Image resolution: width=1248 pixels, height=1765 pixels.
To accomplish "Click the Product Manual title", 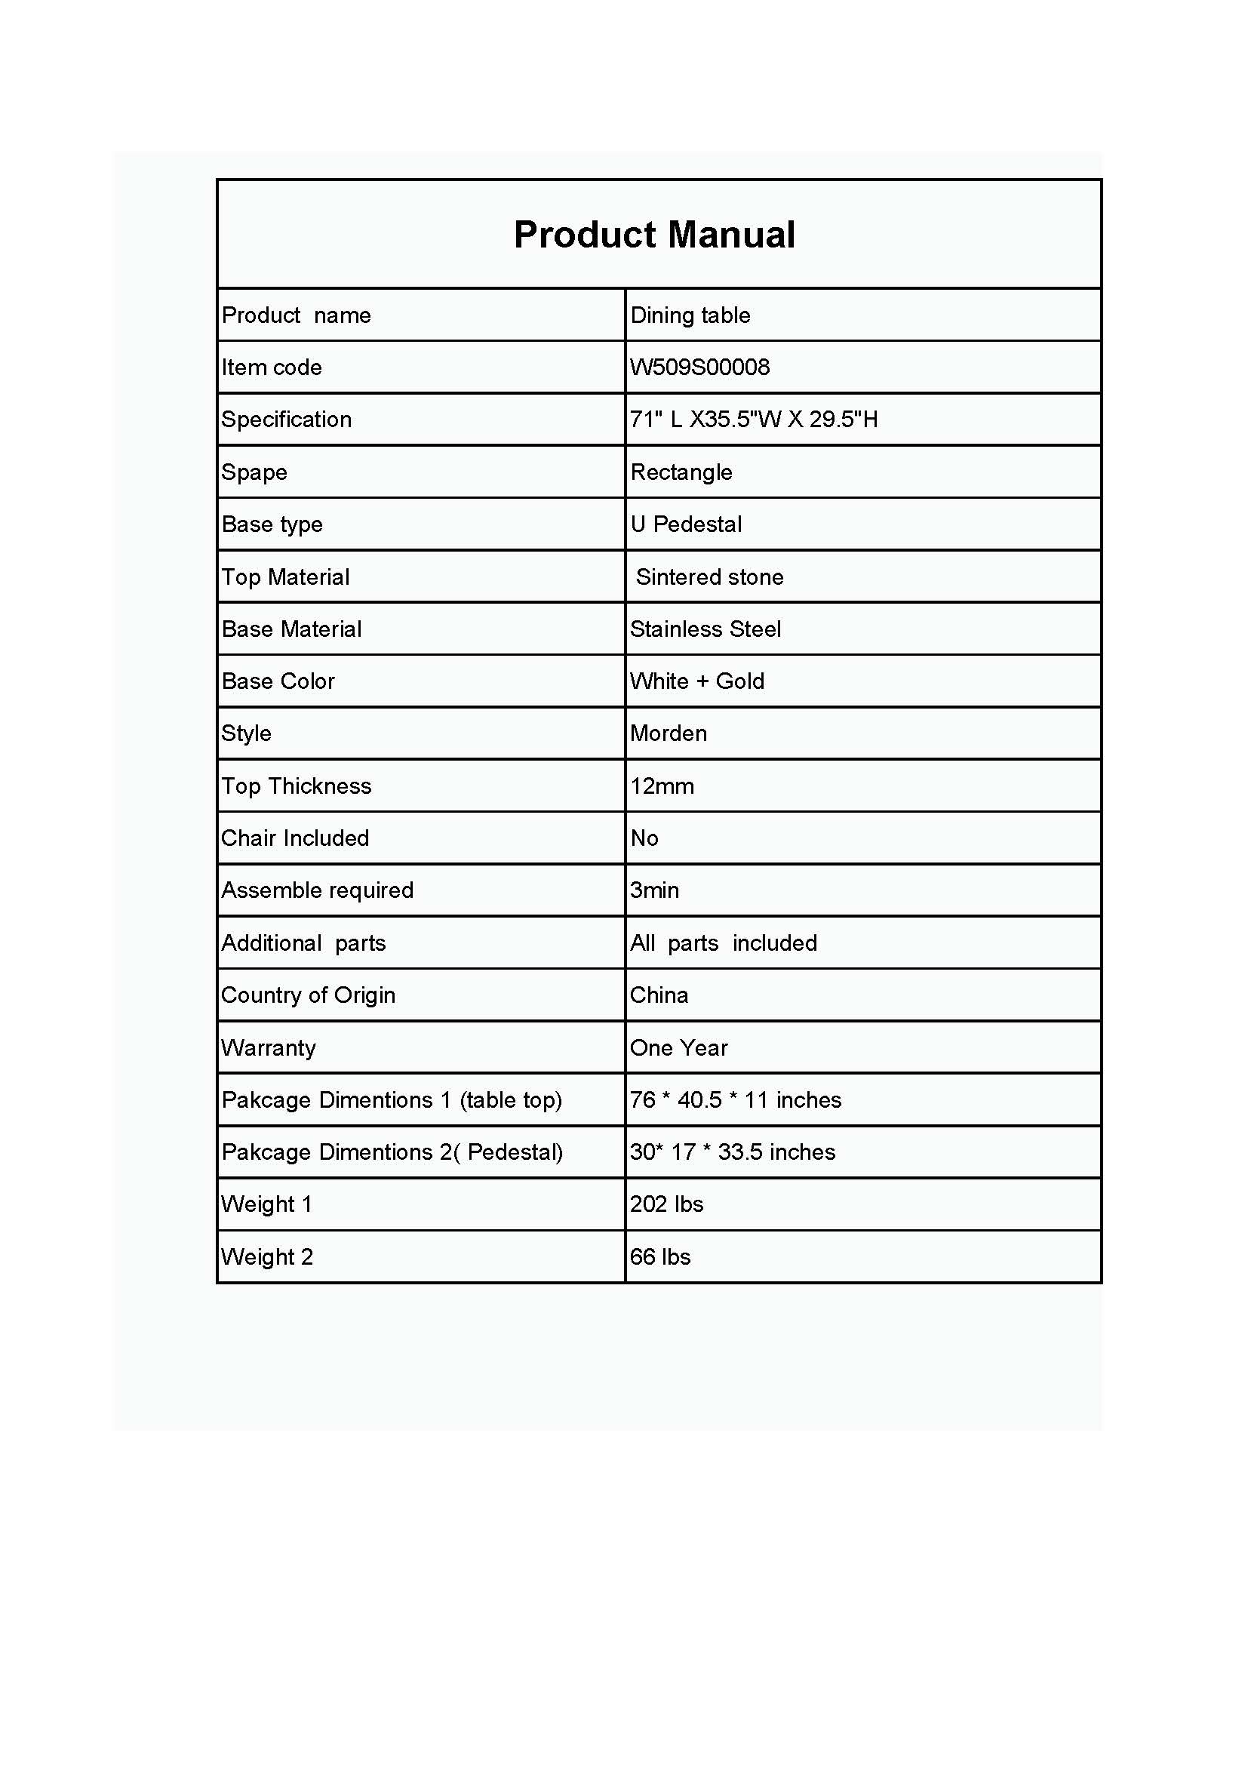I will pos(654,235).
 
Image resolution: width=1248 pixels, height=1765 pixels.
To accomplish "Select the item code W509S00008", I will pos(699,367).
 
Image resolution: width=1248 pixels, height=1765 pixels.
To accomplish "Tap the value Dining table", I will pos(690,315).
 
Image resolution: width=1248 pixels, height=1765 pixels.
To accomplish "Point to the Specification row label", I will pos(287,420).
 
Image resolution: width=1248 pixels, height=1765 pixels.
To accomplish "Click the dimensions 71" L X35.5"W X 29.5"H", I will pos(753,420).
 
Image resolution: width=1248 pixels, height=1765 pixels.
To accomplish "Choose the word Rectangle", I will pos(681,472).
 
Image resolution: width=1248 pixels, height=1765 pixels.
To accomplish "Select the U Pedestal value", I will pos(685,524).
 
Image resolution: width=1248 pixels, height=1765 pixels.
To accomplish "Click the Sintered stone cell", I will pos(709,577).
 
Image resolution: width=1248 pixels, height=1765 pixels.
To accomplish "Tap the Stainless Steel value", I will pos(705,629).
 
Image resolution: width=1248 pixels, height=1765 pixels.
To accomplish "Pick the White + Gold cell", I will pos(697,681).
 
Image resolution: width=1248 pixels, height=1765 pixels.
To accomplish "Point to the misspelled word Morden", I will pos(668,733).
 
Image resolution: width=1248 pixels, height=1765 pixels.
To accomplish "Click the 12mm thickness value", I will pos(662,786).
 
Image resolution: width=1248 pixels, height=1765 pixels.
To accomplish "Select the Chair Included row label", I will pos(295,838).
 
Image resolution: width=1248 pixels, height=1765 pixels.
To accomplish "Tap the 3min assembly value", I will pos(654,890).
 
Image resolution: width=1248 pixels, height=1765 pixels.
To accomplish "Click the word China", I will pos(659,995).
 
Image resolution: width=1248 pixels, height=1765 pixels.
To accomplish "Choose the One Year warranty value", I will pos(678,1048).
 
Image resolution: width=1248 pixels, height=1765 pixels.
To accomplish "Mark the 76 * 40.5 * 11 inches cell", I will pos(736,1100).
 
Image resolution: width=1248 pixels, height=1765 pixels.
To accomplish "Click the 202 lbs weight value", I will pos(666,1204).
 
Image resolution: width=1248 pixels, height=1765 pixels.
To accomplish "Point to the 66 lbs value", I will pos(660,1257).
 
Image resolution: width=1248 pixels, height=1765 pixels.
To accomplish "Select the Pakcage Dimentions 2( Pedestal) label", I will pos(392,1152).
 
